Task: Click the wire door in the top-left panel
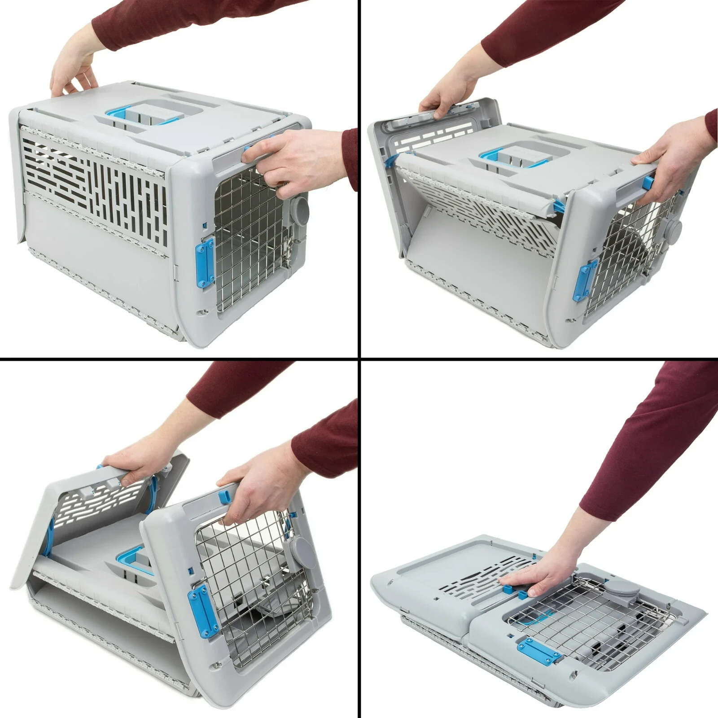coord(251,242)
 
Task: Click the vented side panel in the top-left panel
coord(94,179)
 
